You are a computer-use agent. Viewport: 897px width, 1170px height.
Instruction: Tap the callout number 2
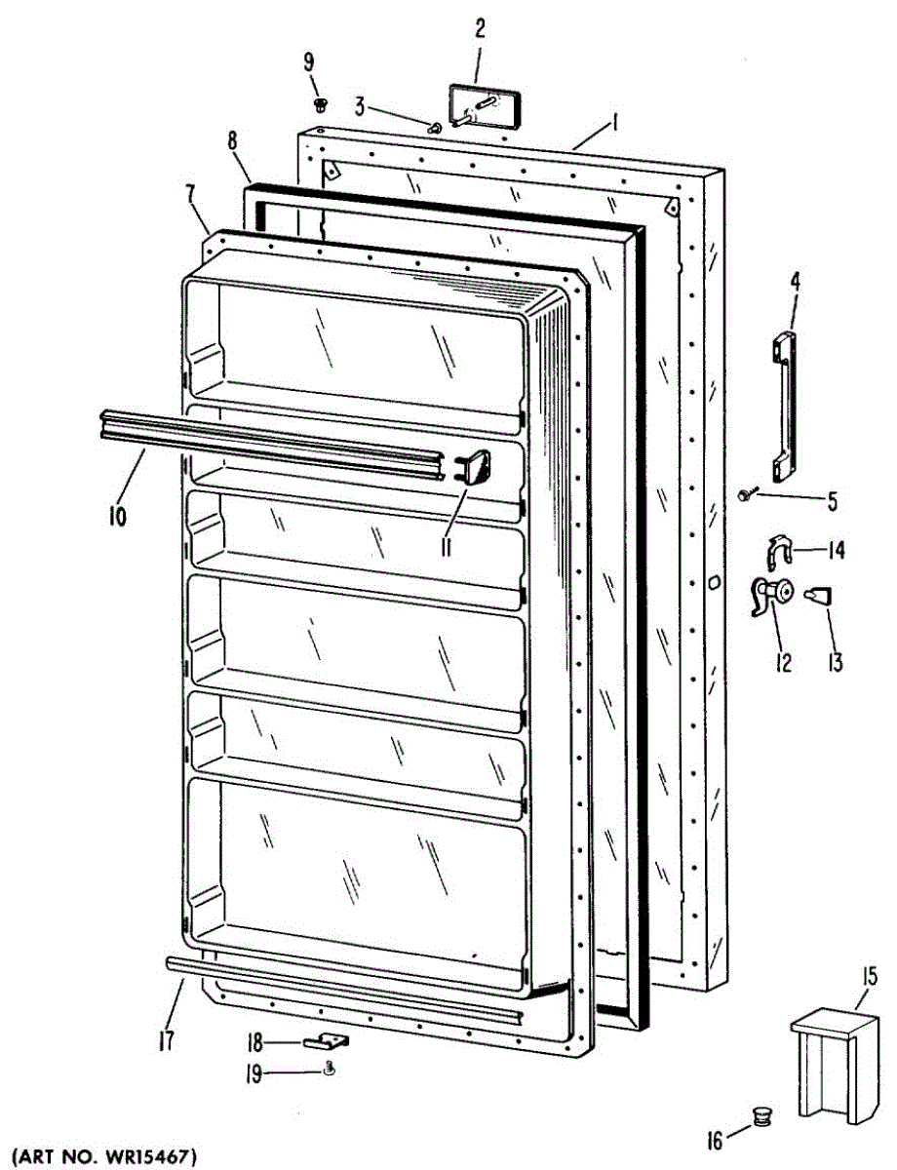coord(480,29)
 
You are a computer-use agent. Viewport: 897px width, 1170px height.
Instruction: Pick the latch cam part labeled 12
coord(771,595)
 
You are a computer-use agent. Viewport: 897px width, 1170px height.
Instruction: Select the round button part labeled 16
coord(761,1114)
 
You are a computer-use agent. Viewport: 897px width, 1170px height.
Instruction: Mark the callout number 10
coord(116,516)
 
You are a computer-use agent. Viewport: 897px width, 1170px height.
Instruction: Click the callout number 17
coord(166,1041)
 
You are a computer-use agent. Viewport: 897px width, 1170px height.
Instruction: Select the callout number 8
coord(233,139)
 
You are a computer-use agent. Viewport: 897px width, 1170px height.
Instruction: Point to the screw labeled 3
coord(435,125)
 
